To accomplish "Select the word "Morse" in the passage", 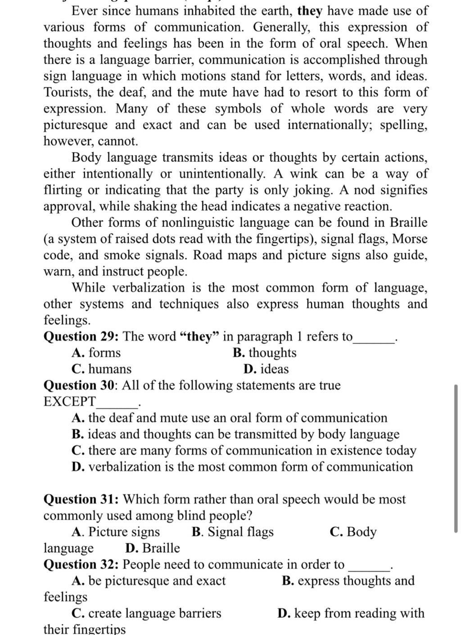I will [410, 239].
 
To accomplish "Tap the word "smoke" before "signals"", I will [122, 255].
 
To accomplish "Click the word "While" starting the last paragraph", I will [88, 288].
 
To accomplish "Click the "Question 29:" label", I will [81, 337].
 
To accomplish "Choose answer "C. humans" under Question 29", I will [101, 369].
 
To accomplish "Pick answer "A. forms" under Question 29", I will [96, 353].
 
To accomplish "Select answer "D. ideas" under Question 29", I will [266, 369].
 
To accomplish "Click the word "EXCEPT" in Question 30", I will [70, 402].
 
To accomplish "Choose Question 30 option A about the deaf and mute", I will [229, 418].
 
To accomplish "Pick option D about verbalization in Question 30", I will [242, 466].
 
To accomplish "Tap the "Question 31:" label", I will [81, 499].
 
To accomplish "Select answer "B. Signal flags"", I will [232, 532].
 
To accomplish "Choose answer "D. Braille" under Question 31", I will [153, 548].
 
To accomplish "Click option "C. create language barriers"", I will [146, 613].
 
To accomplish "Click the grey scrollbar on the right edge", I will [456, 457].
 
